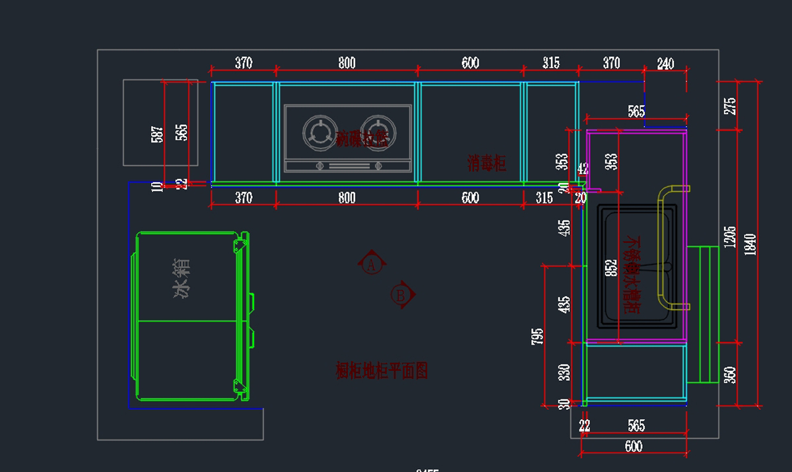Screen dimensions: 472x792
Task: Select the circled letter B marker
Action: [x=400, y=294]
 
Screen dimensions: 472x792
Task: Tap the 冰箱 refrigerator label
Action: [x=183, y=279]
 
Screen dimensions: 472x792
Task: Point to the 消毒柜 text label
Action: [x=487, y=163]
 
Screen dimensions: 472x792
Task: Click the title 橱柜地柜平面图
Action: [x=382, y=371]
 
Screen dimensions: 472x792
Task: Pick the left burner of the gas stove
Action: [x=319, y=132]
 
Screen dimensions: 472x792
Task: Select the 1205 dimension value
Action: [x=729, y=237]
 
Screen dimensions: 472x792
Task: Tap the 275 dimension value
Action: [x=730, y=106]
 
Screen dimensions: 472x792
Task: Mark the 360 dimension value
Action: [x=730, y=375]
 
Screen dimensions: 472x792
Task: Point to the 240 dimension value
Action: [x=665, y=63]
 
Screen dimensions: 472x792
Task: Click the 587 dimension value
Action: [x=156, y=135]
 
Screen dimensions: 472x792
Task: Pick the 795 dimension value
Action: [x=537, y=336]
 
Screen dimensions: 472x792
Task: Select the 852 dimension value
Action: [x=611, y=267]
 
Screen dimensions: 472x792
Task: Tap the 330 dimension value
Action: [x=564, y=372]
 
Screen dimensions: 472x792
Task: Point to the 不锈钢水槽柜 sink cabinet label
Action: [x=632, y=274]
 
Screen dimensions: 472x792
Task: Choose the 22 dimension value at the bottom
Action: [x=585, y=426]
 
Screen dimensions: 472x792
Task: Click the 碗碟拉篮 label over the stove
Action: [x=362, y=139]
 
